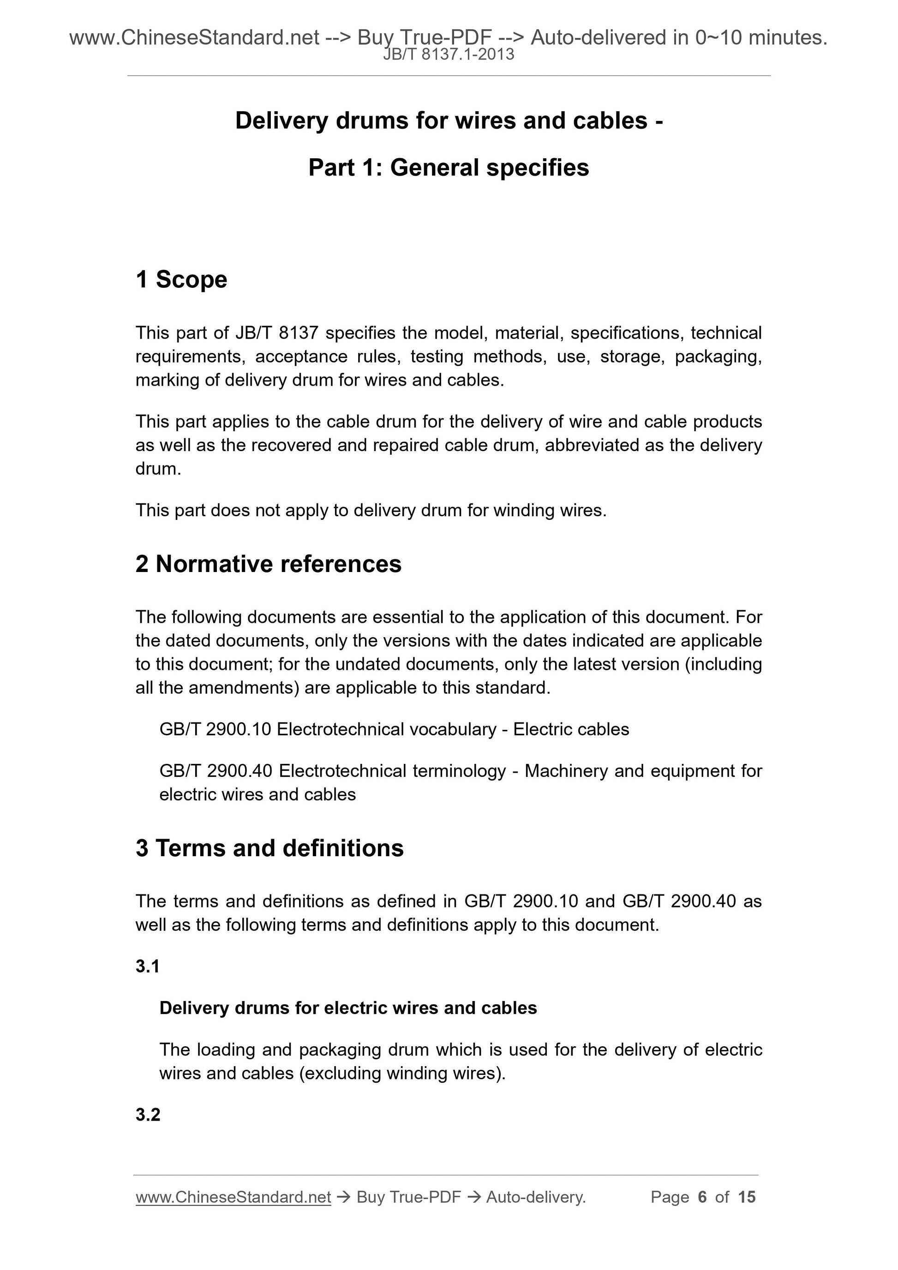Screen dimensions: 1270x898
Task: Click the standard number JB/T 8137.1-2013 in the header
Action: [449, 55]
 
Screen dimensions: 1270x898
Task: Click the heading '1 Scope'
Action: [181, 280]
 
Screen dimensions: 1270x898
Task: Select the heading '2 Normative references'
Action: [269, 564]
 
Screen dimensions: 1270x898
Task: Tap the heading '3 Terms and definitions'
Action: [269, 848]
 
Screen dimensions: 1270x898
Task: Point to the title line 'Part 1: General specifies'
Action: [449, 167]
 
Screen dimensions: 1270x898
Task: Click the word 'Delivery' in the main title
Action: [281, 120]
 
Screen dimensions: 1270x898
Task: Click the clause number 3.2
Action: [148, 1115]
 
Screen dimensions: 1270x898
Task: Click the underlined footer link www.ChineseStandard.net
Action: [233, 1197]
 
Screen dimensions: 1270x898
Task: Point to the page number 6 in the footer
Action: [703, 1197]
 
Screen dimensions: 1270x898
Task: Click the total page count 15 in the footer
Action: [746, 1197]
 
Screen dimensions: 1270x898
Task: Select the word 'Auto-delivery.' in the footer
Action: [536, 1197]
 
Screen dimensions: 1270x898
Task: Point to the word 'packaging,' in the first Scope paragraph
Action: [718, 357]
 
